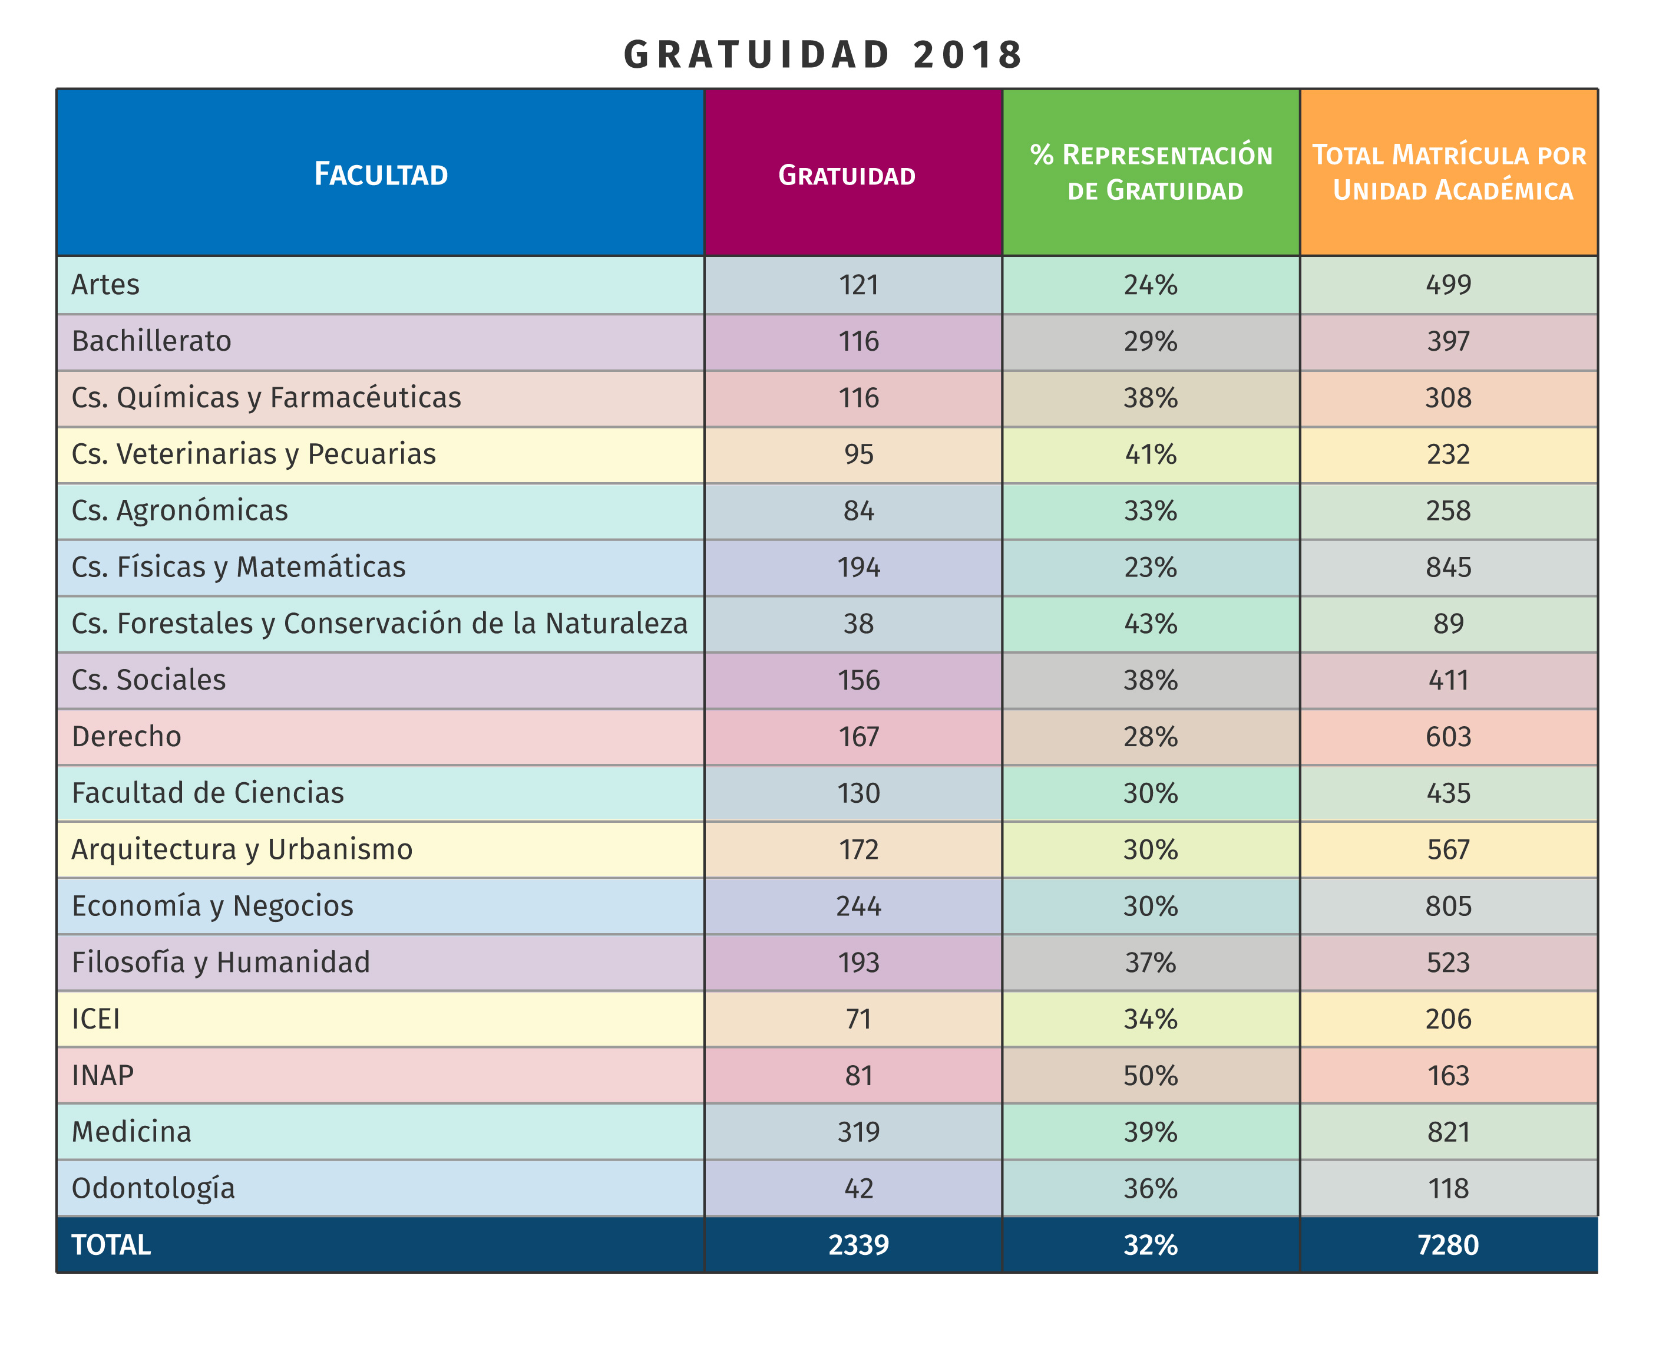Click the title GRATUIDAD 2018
[823, 55]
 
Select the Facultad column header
[381, 174]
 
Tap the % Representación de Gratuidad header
[1151, 173]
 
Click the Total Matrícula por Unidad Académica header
[1449, 173]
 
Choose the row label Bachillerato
[151, 341]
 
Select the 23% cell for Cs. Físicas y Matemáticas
[1151, 567]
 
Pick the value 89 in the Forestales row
[1448, 623]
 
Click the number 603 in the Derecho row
[1448, 736]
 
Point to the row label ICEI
[95, 1019]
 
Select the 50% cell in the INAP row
[1151, 1075]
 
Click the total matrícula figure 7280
[1448, 1245]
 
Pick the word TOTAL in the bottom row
[111, 1245]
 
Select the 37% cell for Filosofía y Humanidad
[1151, 962]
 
